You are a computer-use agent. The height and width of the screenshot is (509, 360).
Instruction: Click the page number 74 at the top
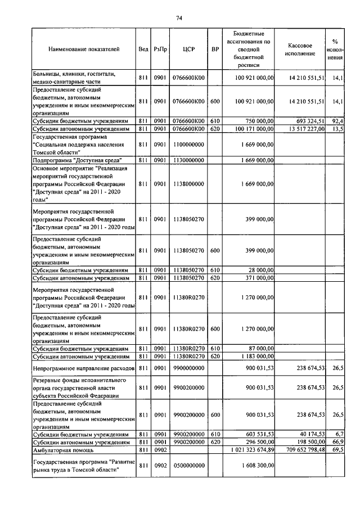click(179, 18)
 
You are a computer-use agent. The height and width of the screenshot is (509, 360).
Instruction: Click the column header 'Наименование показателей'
click(84, 49)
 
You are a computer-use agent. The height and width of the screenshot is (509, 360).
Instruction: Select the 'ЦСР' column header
click(188, 49)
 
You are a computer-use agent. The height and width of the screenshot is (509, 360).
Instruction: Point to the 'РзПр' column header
click(160, 49)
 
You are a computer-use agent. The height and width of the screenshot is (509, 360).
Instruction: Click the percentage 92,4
click(338, 121)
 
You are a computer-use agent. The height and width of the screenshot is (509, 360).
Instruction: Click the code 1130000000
click(188, 160)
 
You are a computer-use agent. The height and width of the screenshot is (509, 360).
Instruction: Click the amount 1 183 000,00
click(255, 356)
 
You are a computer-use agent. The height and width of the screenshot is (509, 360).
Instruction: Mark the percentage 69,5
click(338, 451)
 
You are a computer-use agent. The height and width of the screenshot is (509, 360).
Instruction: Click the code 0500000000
click(188, 466)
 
